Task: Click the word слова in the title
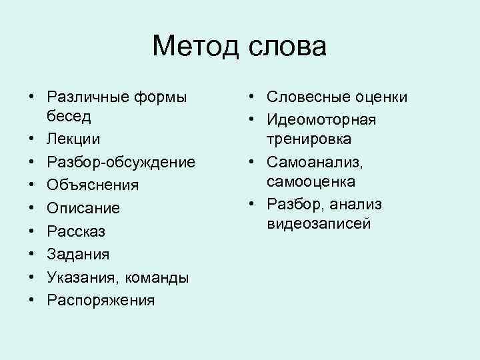pyautogui.click(x=289, y=47)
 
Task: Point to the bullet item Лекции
pyautogui.click(x=74, y=139)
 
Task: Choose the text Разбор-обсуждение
pyautogui.click(x=121, y=162)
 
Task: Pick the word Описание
pyautogui.click(x=83, y=208)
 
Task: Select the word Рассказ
pyautogui.click(x=76, y=231)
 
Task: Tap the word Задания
pyautogui.click(x=79, y=254)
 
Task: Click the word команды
pyautogui.click(x=155, y=277)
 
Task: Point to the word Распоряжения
pyautogui.click(x=101, y=300)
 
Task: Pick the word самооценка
pyautogui.click(x=311, y=181)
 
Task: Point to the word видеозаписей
pyautogui.click(x=319, y=223)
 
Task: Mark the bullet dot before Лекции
pyautogui.click(x=31, y=139)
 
